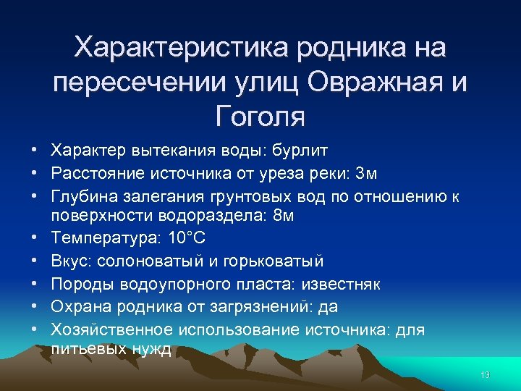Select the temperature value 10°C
[187, 237]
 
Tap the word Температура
[106, 237]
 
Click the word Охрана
[78, 307]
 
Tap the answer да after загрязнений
[328, 307]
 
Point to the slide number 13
[485, 374]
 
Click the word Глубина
[80, 197]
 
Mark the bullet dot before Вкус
[35, 261]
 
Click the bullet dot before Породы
[35, 284]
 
